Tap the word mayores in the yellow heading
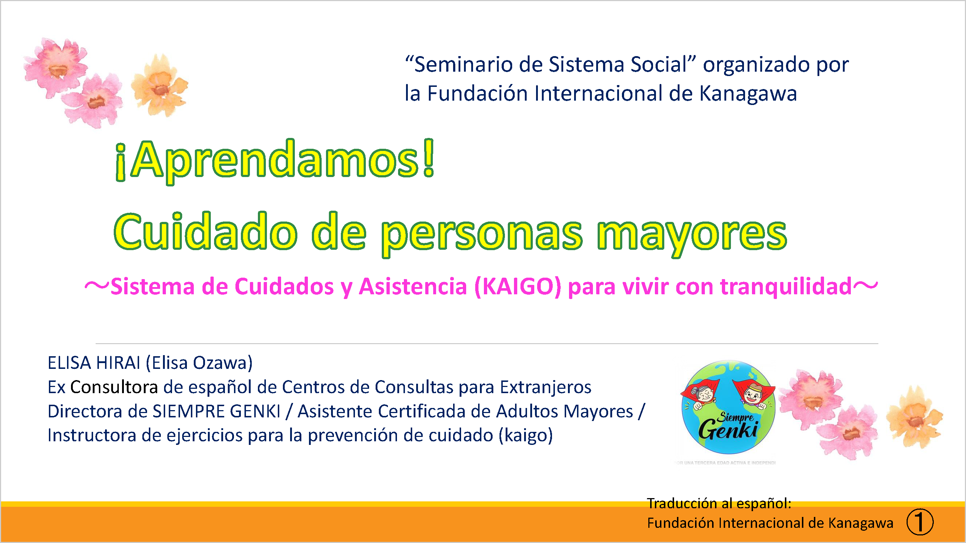tap(692, 234)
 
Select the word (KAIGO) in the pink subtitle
tap(518, 287)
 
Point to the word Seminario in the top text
tap(464, 64)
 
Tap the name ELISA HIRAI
tap(94, 363)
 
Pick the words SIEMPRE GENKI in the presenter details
tap(216, 411)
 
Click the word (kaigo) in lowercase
tap(526, 435)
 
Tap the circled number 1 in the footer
tap(920, 522)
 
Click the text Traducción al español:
tap(719, 503)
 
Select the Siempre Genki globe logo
tap(728, 407)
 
